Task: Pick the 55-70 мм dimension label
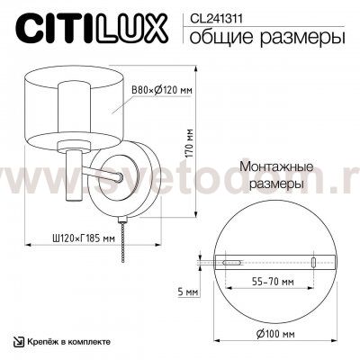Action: point(272,282)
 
